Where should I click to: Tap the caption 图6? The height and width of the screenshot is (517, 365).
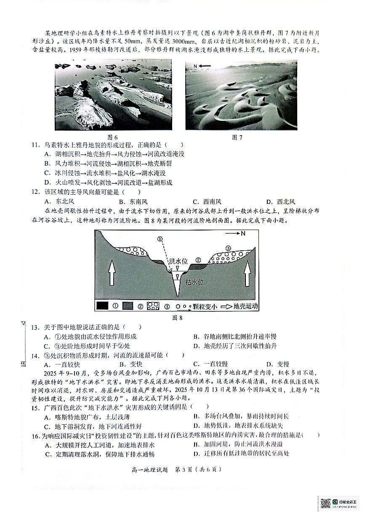[112, 137]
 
